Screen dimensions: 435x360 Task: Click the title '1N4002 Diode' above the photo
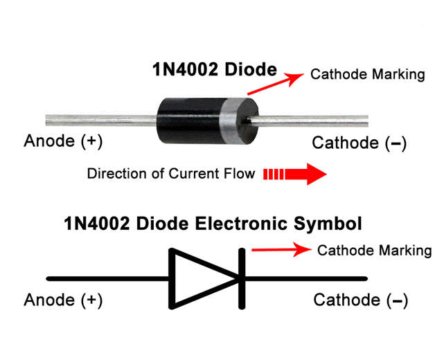[215, 69]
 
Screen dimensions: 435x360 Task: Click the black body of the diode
[188, 120]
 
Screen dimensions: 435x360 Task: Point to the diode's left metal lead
[101, 120]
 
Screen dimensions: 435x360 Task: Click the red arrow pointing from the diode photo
[275, 84]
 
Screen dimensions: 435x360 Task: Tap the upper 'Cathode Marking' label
[368, 74]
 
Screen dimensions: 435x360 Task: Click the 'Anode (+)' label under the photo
[63, 141]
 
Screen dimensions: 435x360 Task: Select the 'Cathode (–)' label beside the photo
[359, 143]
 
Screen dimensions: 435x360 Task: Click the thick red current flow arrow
[295, 174]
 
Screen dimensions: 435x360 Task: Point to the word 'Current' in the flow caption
[194, 174]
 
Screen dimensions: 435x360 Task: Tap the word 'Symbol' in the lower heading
[328, 224]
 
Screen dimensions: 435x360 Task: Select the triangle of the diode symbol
[204, 278]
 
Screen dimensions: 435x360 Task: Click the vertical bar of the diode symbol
[242, 279]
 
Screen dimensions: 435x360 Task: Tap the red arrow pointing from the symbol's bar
[282, 250]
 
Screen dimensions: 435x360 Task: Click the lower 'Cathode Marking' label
[375, 251]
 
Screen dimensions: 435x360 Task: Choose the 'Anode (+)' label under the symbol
[63, 300]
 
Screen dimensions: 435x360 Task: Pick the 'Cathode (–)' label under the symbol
[361, 300]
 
